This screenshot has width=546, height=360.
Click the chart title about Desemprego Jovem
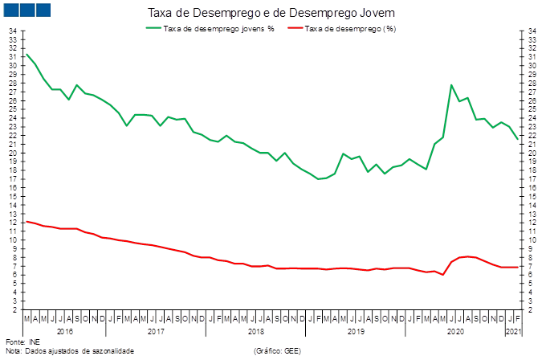pyautogui.click(x=271, y=13)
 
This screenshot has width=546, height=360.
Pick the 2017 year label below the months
pyautogui.click(x=156, y=330)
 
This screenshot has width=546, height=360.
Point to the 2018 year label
pyautogui.click(x=256, y=330)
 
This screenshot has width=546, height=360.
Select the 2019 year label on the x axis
pyautogui.click(x=356, y=330)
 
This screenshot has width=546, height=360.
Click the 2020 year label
pyautogui.click(x=455, y=330)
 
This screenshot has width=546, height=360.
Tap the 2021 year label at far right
pyautogui.click(x=511, y=330)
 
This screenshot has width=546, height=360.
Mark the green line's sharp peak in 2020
pyautogui.click(x=451, y=84)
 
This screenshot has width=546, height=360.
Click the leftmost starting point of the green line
pyautogui.click(x=26, y=54)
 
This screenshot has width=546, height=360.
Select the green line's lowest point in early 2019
pyautogui.click(x=320, y=178)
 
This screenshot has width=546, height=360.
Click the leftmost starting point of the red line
pyautogui.click(x=26, y=221)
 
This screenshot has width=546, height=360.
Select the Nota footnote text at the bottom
pyautogui.click(x=68, y=351)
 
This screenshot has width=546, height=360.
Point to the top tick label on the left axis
pyautogui.click(x=13, y=31)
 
